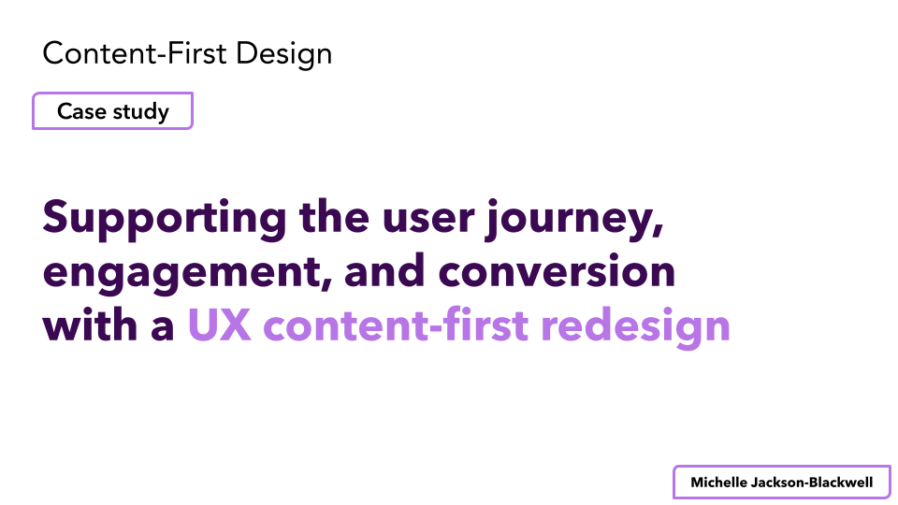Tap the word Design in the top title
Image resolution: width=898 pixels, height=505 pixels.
[283, 55]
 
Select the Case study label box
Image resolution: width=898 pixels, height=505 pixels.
[112, 111]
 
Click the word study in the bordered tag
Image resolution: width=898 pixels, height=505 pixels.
[141, 112]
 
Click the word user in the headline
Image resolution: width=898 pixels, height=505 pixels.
[428, 218]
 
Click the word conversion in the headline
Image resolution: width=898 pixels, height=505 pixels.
[557, 271]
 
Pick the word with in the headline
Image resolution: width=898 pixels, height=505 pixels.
[90, 325]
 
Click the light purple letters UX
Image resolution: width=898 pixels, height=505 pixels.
[219, 325]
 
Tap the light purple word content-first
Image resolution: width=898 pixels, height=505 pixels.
[396, 325]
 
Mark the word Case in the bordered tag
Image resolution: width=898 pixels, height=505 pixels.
[82, 111]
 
